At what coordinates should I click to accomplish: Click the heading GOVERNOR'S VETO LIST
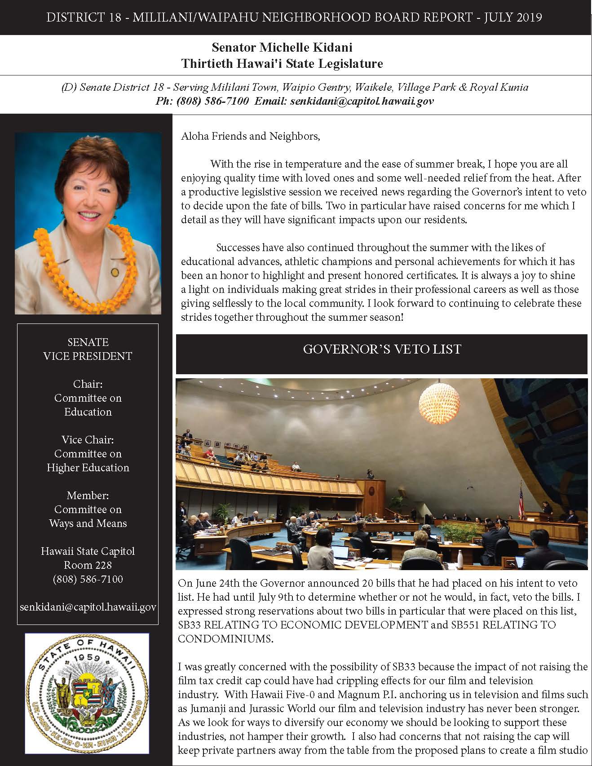coord(382,350)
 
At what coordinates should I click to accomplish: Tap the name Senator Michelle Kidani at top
coord(282,47)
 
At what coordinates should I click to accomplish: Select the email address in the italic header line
coord(362,101)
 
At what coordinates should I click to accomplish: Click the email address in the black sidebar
coord(88,607)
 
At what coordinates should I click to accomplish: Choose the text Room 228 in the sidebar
coord(88,565)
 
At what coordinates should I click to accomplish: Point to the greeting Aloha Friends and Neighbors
coord(250,136)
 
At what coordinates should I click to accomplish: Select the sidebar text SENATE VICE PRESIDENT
coord(88,349)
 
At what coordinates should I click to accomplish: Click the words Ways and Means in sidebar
coord(88,523)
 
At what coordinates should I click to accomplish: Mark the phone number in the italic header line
coord(202,101)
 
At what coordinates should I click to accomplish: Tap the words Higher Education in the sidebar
coord(88,468)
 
